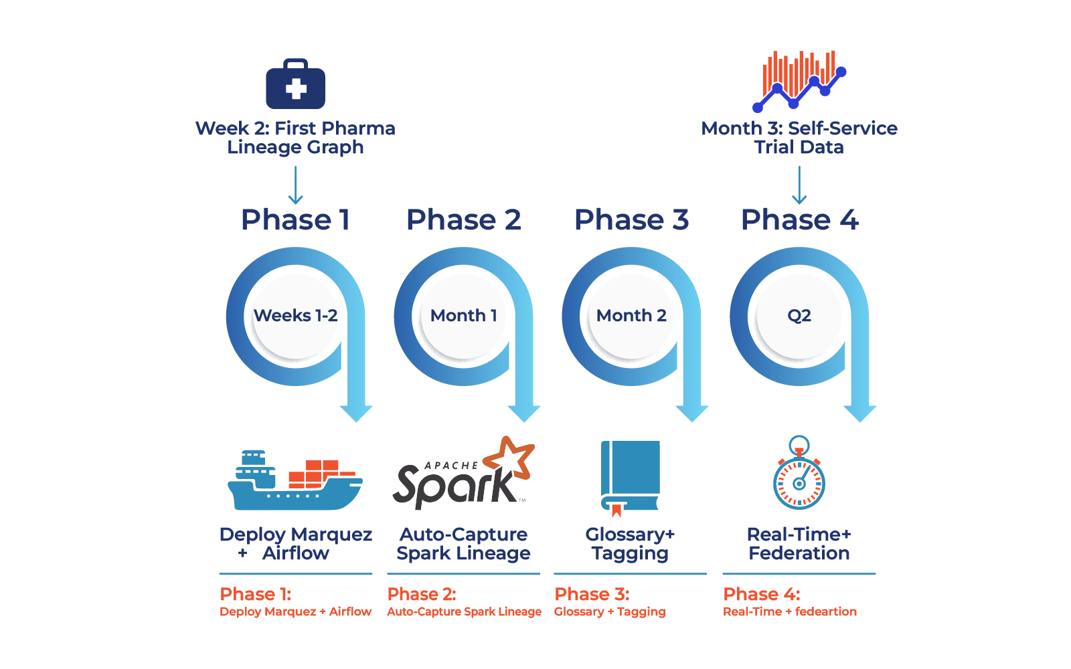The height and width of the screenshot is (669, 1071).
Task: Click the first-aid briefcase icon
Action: [x=295, y=84]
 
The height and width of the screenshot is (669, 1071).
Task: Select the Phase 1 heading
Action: [x=295, y=219]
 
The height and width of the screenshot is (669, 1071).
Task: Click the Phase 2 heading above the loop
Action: [x=465, y=219]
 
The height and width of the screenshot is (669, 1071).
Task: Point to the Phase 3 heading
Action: [x=631, y=219]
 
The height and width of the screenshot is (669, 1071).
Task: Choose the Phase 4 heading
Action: [x=799, y=219]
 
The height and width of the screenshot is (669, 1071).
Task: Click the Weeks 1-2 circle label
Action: [x=295, y=315]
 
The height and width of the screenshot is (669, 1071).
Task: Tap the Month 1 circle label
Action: [x=463, y=315]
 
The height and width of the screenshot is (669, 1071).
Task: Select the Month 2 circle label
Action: [x=631, y=315]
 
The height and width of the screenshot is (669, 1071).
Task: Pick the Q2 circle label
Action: [x=799, y=315]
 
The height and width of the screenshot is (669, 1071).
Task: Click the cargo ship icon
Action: [x=295, y=480]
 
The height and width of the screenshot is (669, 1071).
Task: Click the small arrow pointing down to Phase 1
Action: [x=295, y=186]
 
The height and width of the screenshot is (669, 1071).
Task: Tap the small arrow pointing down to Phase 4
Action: [x=799, y=186]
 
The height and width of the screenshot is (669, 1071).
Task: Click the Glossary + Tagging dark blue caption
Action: [x=629, y=544]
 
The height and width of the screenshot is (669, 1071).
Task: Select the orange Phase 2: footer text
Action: [x=422, y=593]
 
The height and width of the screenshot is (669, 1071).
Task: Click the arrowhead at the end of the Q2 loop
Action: [x=859, y=412]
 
